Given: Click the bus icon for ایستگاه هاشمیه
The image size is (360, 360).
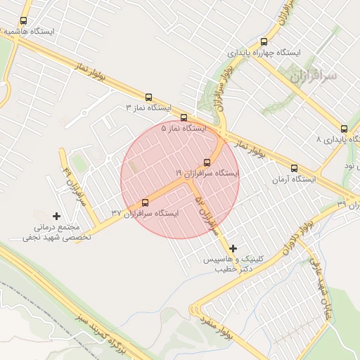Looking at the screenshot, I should click(x=24, y=21).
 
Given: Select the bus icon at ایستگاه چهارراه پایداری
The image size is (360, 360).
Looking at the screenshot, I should click(x=264, y=42).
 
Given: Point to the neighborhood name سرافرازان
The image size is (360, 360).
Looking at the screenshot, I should click(x=312, y=75).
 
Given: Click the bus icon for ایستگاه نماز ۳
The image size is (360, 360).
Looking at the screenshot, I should click(x=148, y=97).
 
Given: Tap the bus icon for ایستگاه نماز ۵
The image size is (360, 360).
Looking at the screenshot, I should click(x=184, y=117).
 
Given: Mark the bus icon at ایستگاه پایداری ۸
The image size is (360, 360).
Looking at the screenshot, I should click(x=344, y=129).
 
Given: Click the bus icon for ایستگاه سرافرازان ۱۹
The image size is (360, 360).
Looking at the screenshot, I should click(x=207, y=162).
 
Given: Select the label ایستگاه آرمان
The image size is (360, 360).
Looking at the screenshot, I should click(x=295, y=179).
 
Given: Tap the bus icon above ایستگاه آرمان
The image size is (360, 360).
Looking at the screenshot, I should click(x=294, y=168).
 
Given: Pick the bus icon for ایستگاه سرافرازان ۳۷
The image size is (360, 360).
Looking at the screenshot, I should click(x=146, y=202).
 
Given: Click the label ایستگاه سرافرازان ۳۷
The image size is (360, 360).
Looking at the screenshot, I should click(x=146, y=213).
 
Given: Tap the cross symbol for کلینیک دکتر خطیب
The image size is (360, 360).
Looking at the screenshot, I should click(x=233, y=247).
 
